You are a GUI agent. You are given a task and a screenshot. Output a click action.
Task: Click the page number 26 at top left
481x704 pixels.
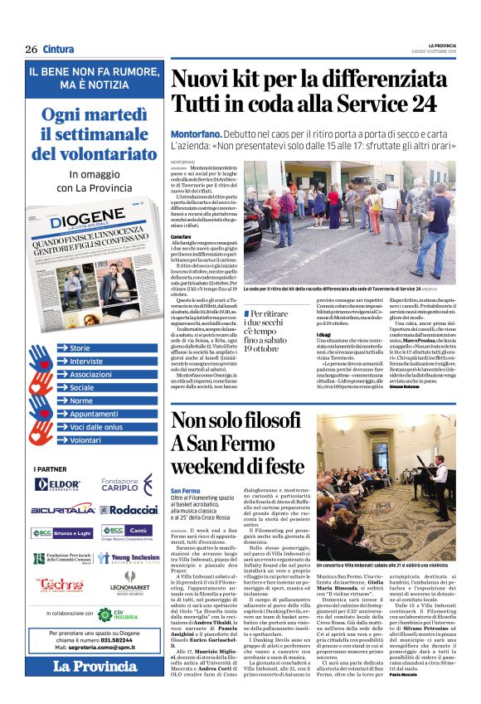31,49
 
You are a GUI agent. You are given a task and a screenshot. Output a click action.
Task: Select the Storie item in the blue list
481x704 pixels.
80,348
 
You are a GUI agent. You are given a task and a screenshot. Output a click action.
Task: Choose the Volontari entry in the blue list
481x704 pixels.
85,440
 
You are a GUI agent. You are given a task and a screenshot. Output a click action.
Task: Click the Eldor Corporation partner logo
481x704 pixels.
58,483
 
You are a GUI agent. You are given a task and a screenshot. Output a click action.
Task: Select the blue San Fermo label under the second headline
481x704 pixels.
186,490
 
